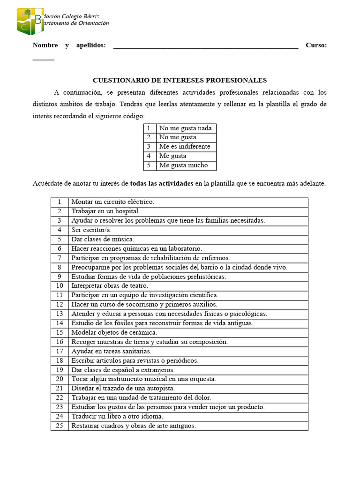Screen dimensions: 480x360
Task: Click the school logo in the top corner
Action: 30,21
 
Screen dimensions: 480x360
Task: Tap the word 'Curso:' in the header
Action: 316,45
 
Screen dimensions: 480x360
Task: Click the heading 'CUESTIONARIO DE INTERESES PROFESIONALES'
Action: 180,80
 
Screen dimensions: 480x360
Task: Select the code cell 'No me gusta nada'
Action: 185,128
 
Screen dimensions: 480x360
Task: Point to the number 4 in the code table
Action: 149,156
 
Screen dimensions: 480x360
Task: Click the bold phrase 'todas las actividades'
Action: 161,184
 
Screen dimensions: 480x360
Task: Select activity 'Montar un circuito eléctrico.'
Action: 112,202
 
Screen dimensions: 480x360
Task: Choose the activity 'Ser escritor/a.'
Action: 92,230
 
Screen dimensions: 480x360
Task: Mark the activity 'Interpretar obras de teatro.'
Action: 109,285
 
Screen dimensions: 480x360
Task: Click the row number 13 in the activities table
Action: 60,314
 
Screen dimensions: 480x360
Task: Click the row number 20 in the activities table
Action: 60,379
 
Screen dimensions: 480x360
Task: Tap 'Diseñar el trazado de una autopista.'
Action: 123,388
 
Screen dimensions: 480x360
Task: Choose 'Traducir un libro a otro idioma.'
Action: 117,416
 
